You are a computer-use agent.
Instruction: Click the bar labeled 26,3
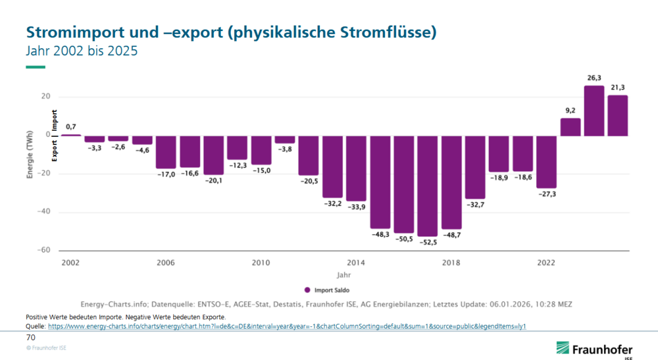594,111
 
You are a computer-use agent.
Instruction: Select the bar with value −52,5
428,186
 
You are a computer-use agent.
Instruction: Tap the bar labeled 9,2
570,127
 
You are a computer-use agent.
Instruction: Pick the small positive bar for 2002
70,135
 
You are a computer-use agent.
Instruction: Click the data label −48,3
380,234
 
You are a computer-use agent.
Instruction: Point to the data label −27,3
546,193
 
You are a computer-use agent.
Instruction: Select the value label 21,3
617,88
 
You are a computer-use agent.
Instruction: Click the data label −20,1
213,180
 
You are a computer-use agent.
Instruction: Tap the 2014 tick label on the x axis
356,263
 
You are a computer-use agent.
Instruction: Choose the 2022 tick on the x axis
546,263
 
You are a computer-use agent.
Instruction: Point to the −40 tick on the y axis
43,212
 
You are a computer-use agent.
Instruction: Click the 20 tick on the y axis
45,96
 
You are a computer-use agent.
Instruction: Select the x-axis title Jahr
343,274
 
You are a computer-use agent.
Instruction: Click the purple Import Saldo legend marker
307,290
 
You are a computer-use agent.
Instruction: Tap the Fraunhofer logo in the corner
594,349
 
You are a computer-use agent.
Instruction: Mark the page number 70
30,337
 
